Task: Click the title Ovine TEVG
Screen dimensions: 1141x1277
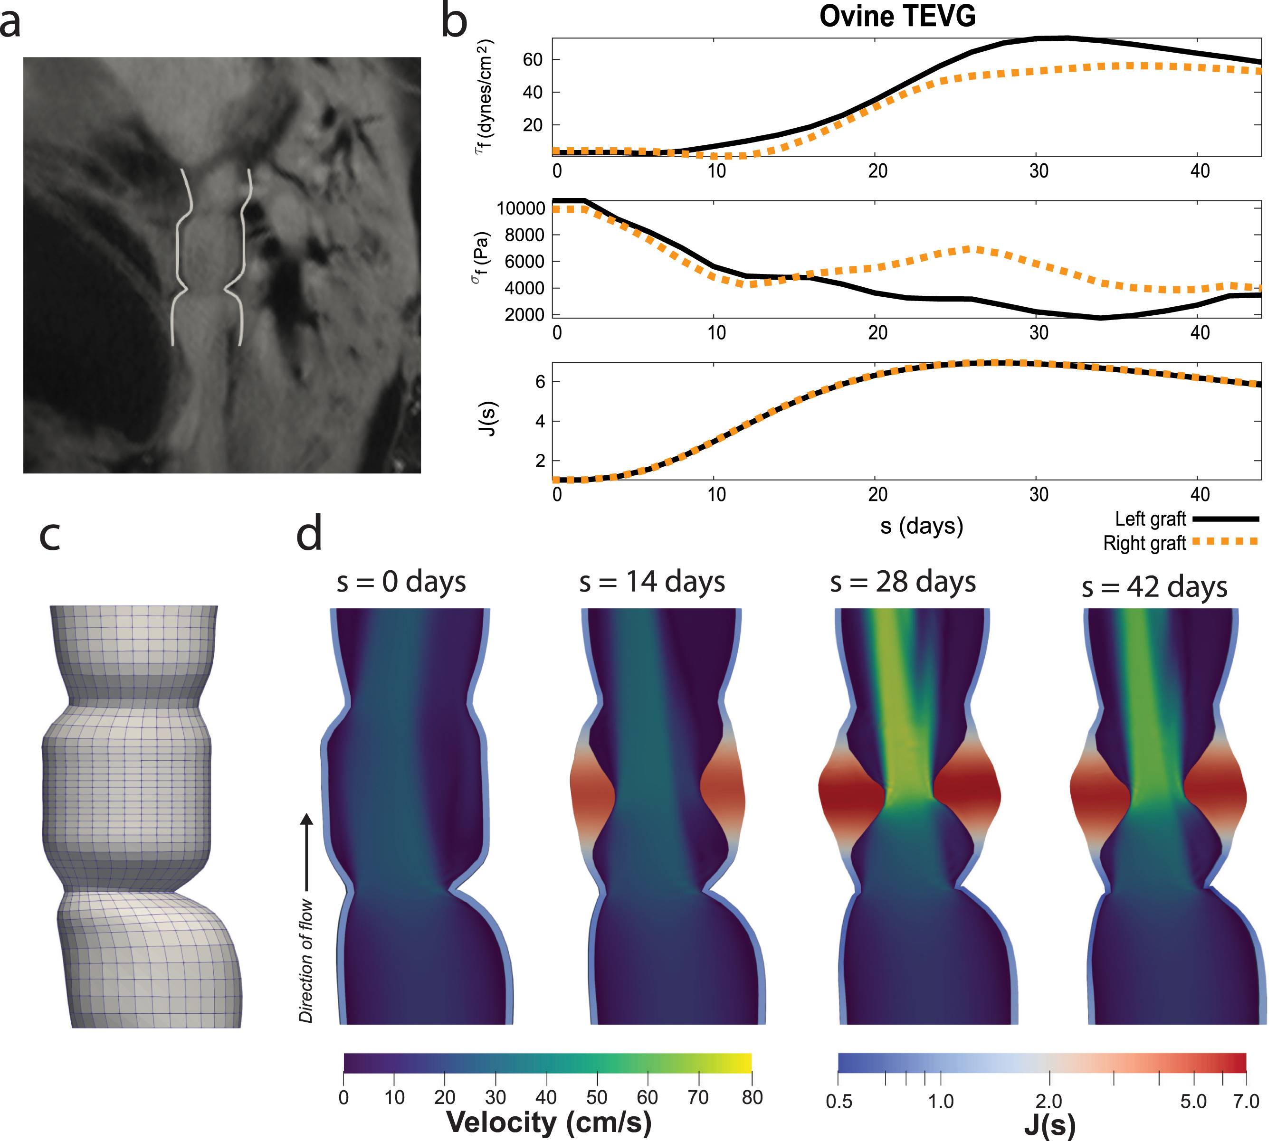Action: click(897, 16)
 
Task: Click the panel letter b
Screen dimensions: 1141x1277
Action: click(454, 21)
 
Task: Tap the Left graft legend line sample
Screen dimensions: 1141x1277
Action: click(1225, 519)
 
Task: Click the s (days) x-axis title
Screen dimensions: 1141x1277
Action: click(921, 526)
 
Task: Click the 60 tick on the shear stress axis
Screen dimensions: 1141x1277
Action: click(532, 59)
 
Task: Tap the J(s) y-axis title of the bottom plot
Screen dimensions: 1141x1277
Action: click(488, 419)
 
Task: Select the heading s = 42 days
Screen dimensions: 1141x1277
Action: click(1154, 587)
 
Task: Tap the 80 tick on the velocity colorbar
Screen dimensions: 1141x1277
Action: click(752, 1098)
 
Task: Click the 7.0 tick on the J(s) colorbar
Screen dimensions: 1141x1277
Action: click(1246, 1102)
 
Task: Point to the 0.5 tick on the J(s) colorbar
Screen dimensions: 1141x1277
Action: click(839, 1102)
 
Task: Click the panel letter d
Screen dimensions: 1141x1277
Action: click(309, 534)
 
